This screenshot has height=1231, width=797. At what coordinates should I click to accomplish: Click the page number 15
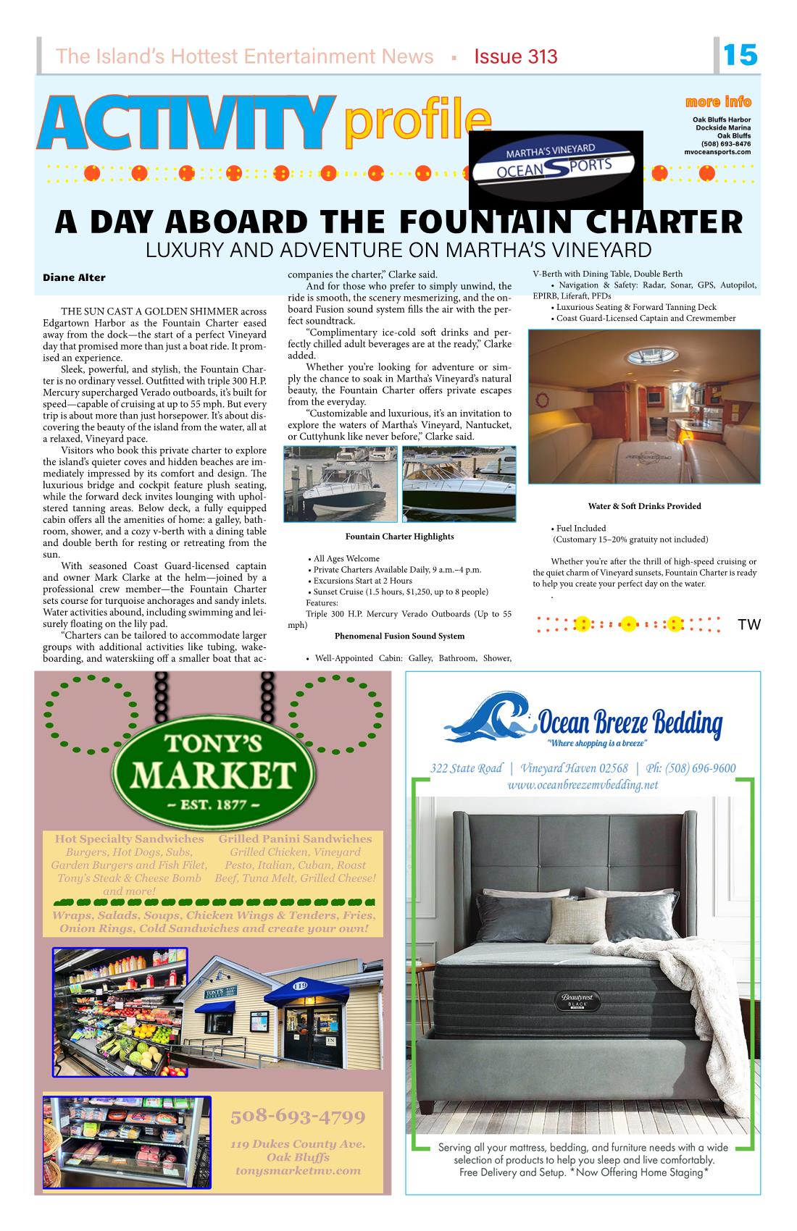pos(740,55)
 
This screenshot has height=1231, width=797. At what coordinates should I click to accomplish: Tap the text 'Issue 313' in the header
pos(516,56)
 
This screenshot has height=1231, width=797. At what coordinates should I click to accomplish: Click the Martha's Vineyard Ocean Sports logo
pos(556,169)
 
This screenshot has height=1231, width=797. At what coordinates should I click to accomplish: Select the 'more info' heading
pos(717,101)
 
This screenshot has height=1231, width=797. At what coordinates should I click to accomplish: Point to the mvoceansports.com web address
pos(717,151)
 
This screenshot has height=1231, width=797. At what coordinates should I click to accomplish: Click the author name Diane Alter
pos(74,277)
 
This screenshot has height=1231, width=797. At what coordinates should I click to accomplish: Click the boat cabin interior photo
pos(644,406)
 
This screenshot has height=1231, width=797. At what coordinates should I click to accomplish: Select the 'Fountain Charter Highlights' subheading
pos(399,537)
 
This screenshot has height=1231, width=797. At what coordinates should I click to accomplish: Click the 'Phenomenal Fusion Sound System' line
pos(399,636)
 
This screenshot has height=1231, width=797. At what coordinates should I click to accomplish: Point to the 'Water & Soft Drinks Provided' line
pos(644,506)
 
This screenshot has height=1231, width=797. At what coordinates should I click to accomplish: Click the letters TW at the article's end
pos(749,625)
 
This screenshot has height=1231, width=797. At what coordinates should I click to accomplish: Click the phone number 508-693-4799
pos(298,1116)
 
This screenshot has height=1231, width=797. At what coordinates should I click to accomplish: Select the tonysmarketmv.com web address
pos(298,1170)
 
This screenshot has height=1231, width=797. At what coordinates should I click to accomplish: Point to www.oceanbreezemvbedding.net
pos(583,785)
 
